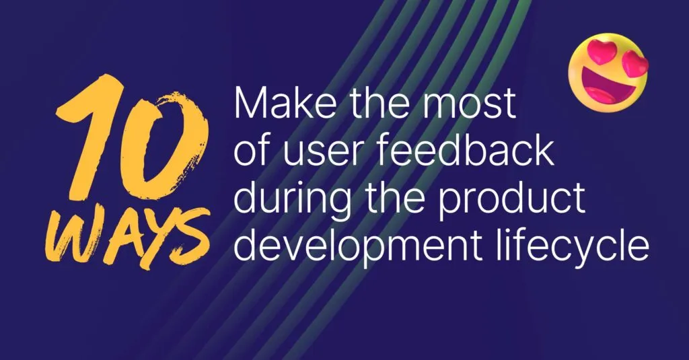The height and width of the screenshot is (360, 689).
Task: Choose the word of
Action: [x=250, y=153]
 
